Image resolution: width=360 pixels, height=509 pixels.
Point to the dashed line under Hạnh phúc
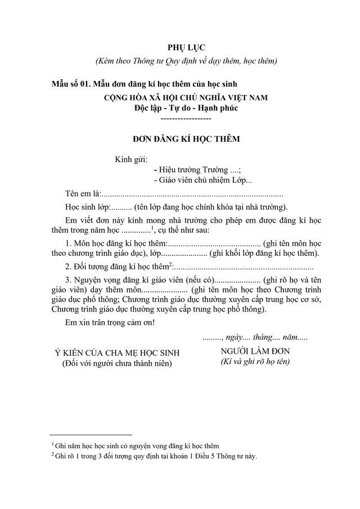click(186, 119)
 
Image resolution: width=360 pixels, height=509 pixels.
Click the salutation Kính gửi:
click(131, 159)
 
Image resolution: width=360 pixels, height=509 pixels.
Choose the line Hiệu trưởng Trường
click(197, 169)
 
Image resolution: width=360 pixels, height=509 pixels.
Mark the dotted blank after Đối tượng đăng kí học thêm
click(242, 267)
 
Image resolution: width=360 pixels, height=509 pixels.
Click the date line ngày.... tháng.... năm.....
click(254, 338)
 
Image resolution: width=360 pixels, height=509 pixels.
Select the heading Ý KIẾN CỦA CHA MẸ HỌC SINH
click(116, 353)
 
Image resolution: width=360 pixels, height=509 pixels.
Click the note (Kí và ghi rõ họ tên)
click(254, 362)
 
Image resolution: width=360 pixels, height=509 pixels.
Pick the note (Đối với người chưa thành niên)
click(116, 364)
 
